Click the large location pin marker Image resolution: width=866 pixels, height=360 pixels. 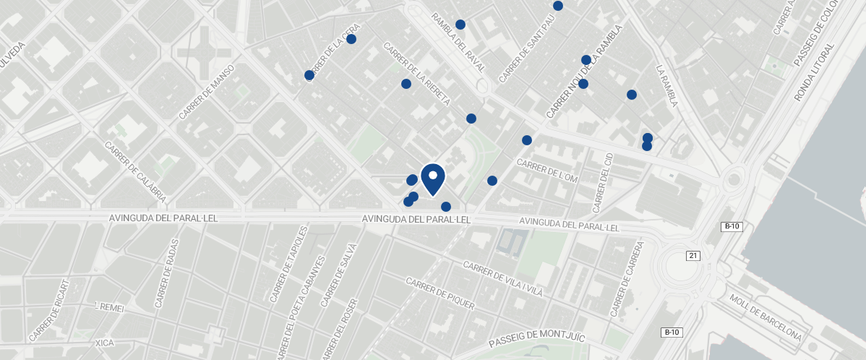(432, 178)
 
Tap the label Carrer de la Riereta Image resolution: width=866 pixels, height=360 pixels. (418, 74)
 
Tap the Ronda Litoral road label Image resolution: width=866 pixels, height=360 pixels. (814, 71)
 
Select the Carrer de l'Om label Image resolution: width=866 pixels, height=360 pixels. (546, 170)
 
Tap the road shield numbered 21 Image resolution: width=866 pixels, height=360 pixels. (694, 256)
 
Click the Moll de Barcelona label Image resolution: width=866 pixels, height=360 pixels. (766, 318)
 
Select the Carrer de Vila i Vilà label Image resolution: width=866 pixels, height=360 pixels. (502, 280)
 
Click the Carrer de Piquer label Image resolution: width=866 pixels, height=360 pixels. (440, 293)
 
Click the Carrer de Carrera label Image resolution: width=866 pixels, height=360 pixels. (626, 280)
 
